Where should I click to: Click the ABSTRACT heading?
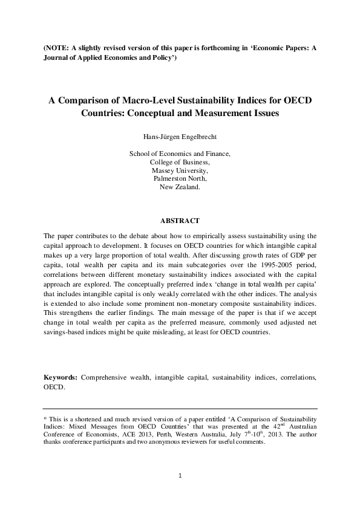[180, 221]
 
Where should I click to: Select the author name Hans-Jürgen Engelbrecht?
[180, 137]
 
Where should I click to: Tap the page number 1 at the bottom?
[180, 476]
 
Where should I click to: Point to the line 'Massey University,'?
[180, 170]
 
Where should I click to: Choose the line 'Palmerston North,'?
[180, 179]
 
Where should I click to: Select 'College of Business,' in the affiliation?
[180, 162]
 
